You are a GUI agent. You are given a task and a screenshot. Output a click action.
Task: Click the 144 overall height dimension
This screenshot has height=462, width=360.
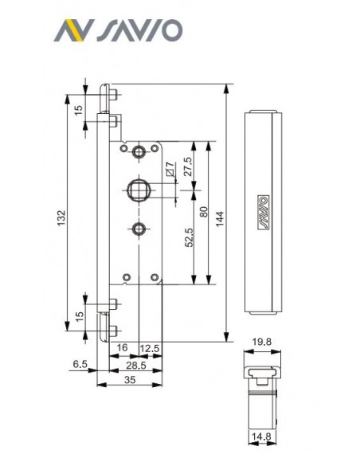pyautogui.click(x=220, y=218)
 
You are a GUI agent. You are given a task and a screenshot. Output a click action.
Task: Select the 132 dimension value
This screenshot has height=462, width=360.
pyautogui.click(x=61, y=218)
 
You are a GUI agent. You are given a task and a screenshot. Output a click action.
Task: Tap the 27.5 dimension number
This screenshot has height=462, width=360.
pyautogui.click(x=189, y=166)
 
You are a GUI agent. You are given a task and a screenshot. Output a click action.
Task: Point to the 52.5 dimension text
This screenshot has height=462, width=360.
pyautogui.click(x=190, y=237)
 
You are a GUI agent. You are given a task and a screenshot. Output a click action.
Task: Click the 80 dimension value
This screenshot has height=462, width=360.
pyautogui.click(x=204, y=212)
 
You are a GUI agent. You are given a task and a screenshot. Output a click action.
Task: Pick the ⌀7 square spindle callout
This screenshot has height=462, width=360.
pyautogui.click(x=170, y=169)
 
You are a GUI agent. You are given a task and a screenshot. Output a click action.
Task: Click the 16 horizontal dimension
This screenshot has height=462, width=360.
pyautogui.click(x=122, y=347)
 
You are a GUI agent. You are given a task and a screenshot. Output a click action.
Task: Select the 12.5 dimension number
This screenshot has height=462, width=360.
pyautogui.click(x=150, y=349)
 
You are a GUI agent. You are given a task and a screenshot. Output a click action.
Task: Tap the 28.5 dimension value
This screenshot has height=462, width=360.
pyautogui.click(x=136, y=366)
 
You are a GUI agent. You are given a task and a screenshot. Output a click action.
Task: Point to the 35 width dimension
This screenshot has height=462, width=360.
pyautogui.click(x=130, y=380)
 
